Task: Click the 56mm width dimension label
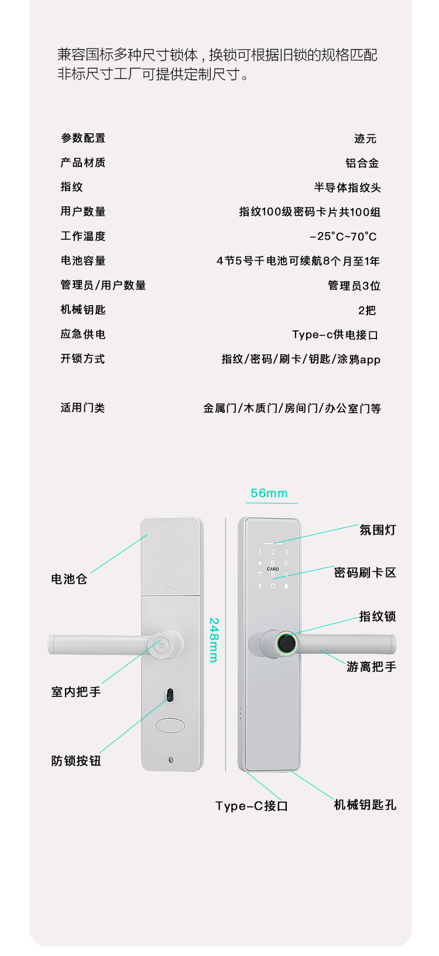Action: pyautogui.click(x=269, y=493)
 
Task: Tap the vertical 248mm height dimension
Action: pyautogui.click(x=214, y=640)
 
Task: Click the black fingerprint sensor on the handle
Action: pyautogui.click(x=286, y=643)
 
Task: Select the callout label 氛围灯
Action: pyautogui.click(x=378, y=530)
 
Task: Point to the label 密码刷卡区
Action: pyautogui.click(x=365, y=572)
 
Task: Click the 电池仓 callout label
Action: pyautogui.click(x=69, y=579)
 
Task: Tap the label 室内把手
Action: pyautogui.click(x=76, y=692)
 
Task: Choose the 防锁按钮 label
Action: pyautogui.click(x=76, y=761)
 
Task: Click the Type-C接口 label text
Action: pyautogui.click(x=252, y=806)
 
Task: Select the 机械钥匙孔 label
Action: pyautogui.click(x=365, y=805)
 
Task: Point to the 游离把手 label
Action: pyautogui.click(x=371, y=667)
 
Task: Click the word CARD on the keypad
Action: pyautogui.click(x=273, y=568)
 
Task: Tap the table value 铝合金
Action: pyautogui.click(x=362, y=163)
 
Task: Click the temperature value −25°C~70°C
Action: pyautogui.click(x=343, y=236)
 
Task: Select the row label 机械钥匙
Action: pyautogui.click(x=83, y=310)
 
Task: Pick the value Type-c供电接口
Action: pyautogui.click(x=335, y=334)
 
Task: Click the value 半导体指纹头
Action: pyautogui.click(x=347, y=188)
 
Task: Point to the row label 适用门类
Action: pyautogui.click(x=83, y=408)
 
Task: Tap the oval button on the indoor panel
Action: pyautogui.click(x=170, y=726)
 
